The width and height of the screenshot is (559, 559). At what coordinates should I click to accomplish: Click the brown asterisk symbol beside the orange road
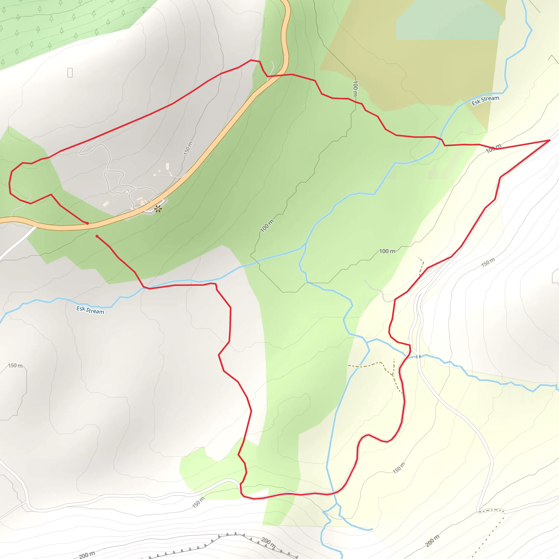coord(158,209)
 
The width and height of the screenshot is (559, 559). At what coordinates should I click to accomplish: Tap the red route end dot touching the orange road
coord(87,223)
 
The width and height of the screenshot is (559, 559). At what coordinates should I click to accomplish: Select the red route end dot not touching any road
coord(97,236)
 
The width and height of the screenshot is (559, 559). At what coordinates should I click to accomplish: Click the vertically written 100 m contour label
coord(355,88)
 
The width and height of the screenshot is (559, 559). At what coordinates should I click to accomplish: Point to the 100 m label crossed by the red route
coord(493,148)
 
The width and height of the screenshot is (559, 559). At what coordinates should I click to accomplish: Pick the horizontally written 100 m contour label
coord(387,251)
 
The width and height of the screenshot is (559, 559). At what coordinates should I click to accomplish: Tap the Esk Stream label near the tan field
coord(485,100)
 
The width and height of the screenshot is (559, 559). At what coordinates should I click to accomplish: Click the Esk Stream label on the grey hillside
coord(90,310)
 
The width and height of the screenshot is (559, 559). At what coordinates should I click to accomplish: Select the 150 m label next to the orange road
coord(188,148)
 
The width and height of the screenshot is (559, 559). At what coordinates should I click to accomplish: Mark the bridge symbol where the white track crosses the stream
coord(418,356)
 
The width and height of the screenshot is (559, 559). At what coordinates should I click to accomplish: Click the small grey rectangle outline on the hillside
coord(70,73)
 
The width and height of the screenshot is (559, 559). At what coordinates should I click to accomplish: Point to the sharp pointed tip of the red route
coord(549,140)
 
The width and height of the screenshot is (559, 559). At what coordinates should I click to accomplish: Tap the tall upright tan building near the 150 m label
coord(167,167)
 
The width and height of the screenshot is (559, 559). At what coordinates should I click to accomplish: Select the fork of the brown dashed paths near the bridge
coord(393,375)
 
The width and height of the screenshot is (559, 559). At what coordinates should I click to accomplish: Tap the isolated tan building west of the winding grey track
coord(106,204)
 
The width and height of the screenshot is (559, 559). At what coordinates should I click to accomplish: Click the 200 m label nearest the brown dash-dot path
coord(432,540)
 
